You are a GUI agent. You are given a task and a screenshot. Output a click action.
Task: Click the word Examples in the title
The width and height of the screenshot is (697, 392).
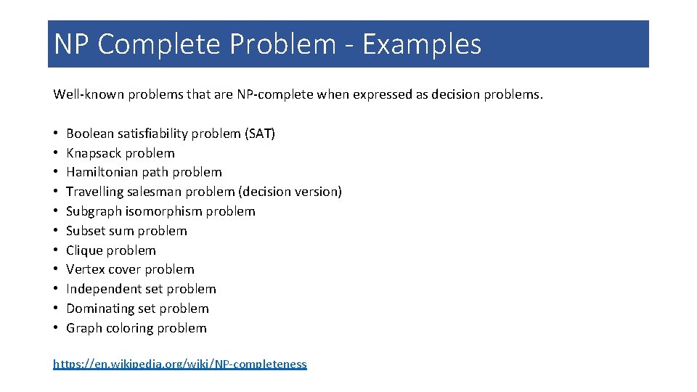422,44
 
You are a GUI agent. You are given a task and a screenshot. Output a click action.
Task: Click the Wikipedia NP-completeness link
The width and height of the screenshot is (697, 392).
180,364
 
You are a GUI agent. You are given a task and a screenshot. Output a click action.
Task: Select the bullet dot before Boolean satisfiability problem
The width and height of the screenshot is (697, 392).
56,134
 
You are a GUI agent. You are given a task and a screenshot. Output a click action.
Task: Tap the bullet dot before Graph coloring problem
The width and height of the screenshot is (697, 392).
56,328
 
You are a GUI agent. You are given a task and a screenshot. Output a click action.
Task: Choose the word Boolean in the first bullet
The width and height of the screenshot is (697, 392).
89,134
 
